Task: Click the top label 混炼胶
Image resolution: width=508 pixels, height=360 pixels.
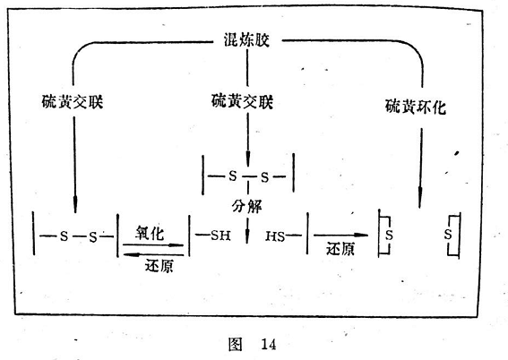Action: (x=246, y=40)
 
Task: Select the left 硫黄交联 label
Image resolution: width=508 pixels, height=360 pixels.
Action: (x=73, y=102)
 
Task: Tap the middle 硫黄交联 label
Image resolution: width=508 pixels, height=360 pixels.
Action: (x=242, y=101)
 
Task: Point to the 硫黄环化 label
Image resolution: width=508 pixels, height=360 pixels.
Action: (x=416, y=107)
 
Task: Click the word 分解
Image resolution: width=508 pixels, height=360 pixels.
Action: (x=246, y=206)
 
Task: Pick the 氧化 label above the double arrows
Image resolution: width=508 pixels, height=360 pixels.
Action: (x=150, y=233)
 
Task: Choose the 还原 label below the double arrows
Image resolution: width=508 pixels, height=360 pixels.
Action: (x=159, y=266)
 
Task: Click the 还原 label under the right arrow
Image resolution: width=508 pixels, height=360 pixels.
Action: (x=340, y=249)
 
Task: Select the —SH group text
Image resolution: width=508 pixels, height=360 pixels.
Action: (x=213, y=236)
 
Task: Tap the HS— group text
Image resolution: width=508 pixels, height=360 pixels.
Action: (x=283, y=236)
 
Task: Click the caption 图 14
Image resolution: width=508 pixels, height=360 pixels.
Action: (x=252, y=344)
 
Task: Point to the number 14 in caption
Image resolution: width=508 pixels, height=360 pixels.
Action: (x=269, y=344)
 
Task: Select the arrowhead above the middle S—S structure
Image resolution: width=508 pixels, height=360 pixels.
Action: (x=248, y=159)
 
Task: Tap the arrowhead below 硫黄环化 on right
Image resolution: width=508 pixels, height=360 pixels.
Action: (x=420, y=199)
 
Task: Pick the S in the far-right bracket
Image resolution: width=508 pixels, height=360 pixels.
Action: (x=448, y=234)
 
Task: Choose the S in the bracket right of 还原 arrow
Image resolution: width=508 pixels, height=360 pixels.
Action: (x=389, y=235)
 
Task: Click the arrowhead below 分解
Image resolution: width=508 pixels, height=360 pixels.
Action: (x=247, y=236)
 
